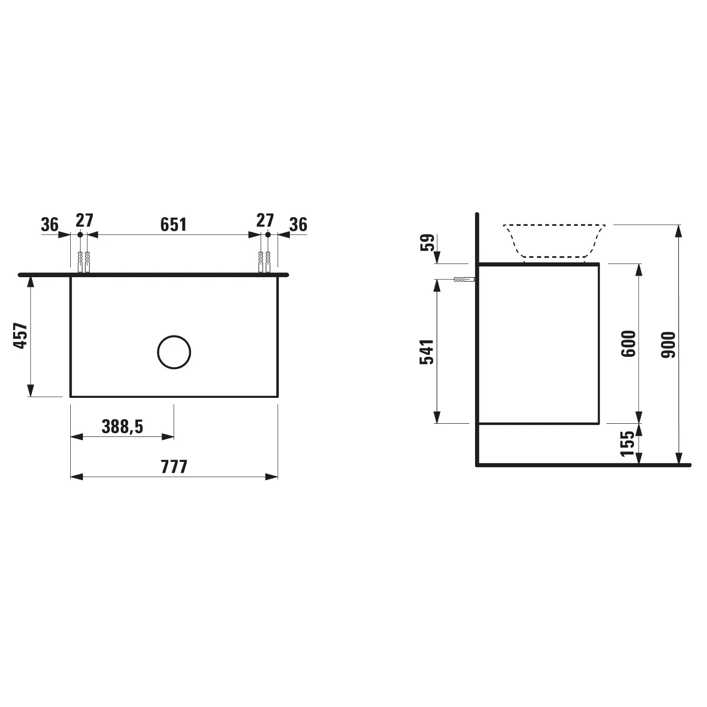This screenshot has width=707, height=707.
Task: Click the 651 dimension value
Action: point(173,224)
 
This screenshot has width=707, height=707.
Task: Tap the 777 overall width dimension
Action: point(174,467)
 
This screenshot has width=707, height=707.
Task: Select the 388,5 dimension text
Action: point(123,427)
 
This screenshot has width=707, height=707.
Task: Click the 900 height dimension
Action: point(668,345)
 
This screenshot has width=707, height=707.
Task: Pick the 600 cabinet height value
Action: point(628,344)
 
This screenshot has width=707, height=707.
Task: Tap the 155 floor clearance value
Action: point(627,444)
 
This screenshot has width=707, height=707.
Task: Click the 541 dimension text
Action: point(427,352)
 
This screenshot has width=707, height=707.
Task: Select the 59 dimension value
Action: point(427,243)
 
